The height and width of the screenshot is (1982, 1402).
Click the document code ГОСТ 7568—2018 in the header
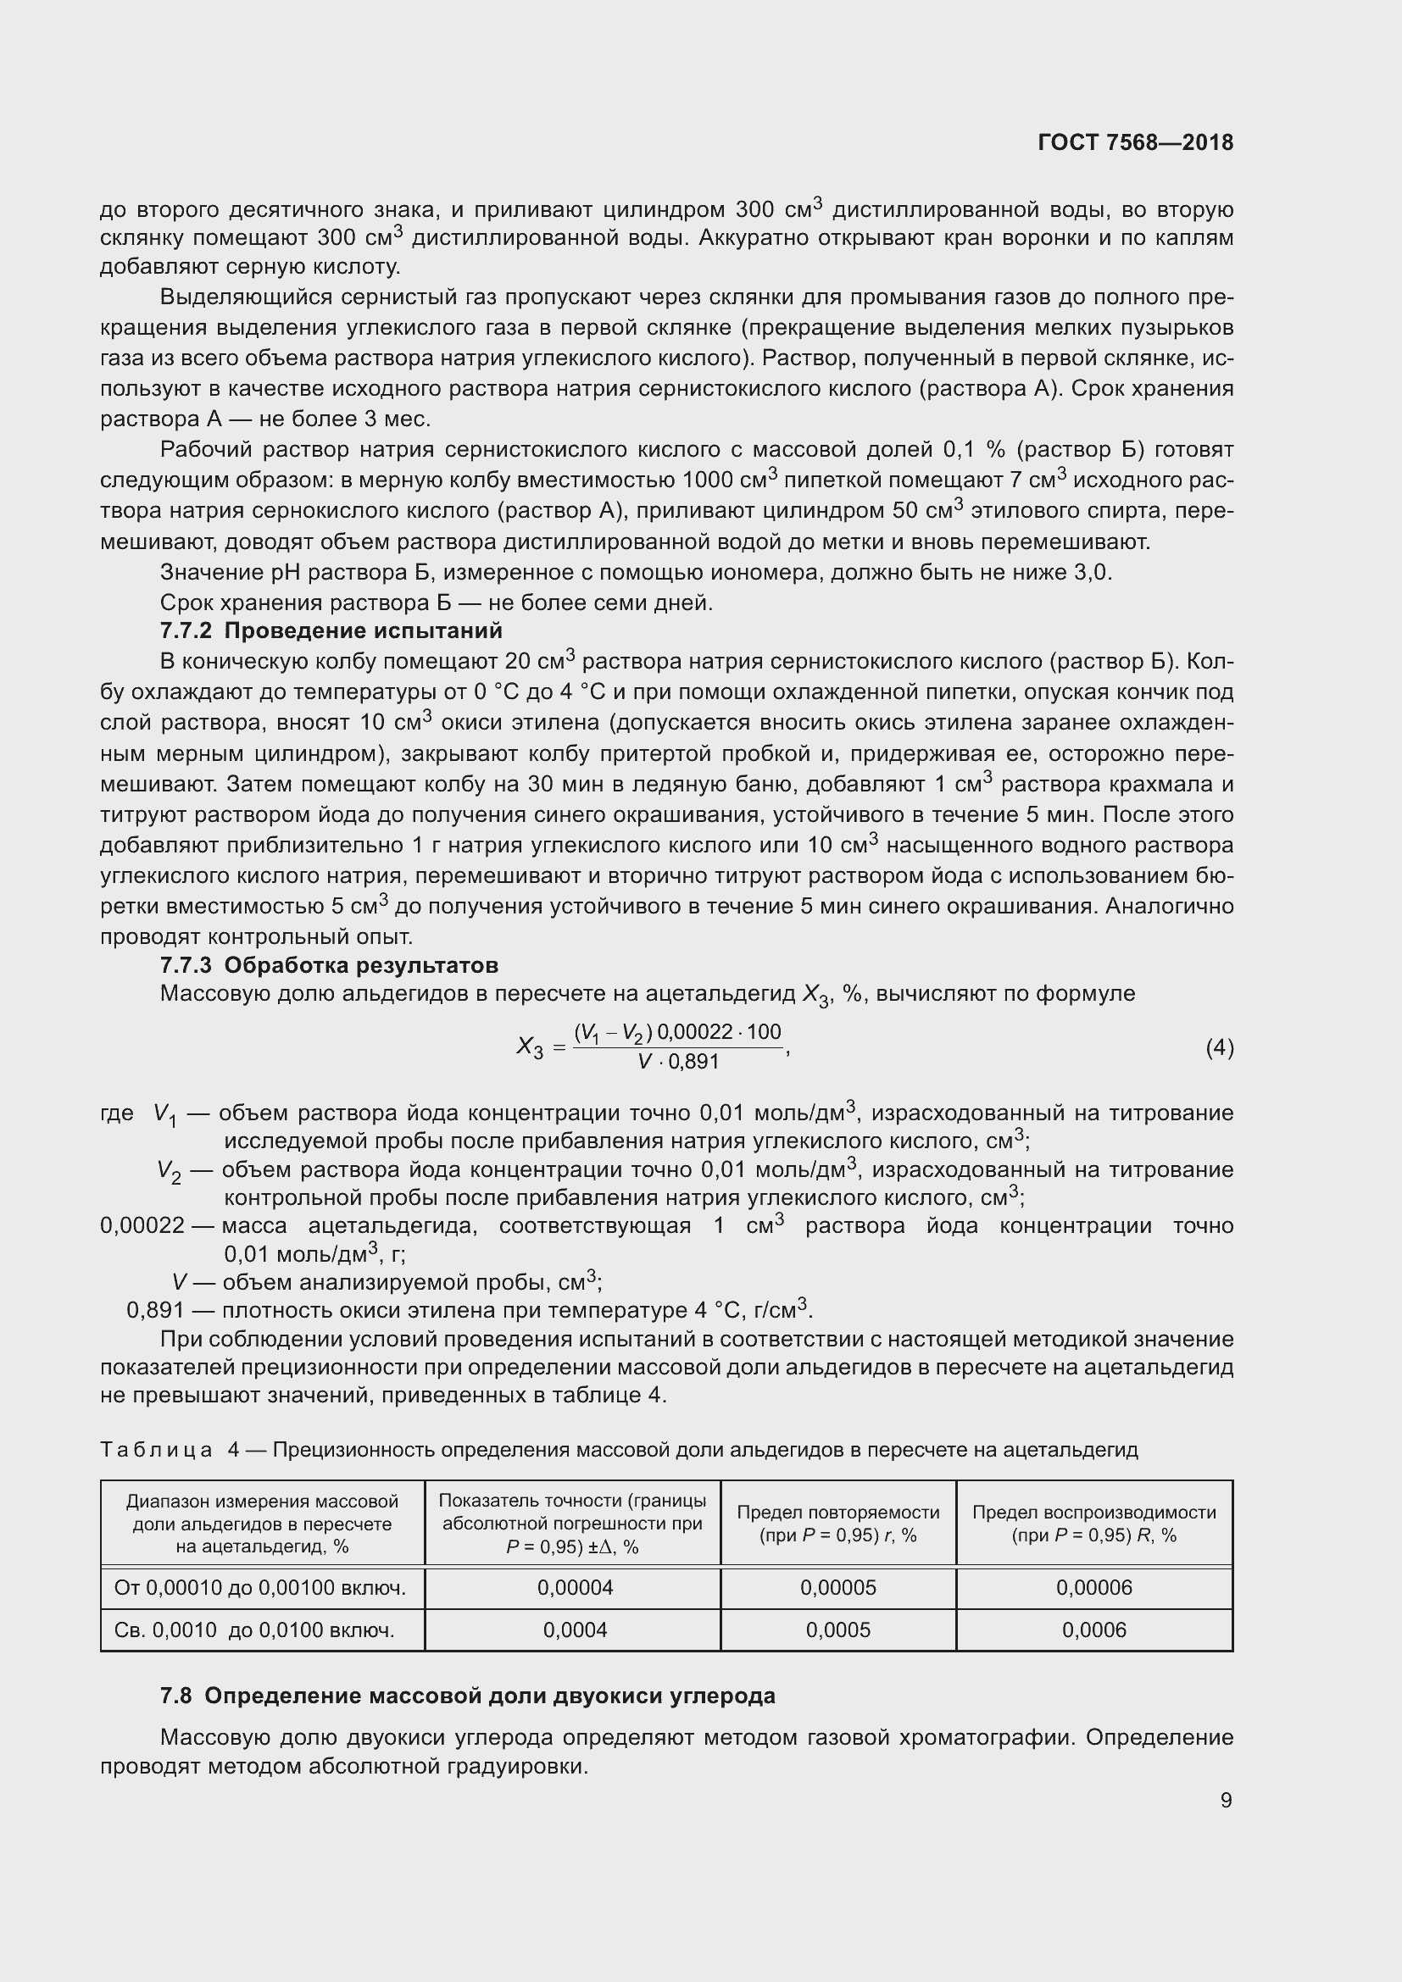point(1134,142)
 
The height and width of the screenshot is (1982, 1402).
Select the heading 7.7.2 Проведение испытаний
point(331,630)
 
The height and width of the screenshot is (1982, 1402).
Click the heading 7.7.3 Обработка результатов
point(329,964)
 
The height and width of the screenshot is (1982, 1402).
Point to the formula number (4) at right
point(1219,1047)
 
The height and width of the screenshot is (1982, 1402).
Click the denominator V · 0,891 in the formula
point(678,1062)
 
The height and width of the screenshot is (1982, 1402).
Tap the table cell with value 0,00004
point(574,1586)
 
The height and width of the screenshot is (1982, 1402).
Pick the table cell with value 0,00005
point(837,1586)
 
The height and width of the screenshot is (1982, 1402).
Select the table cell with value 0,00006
point(1093,1586)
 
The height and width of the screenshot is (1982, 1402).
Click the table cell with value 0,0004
point(574,1629)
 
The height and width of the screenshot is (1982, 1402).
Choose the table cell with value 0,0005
point(837,1629)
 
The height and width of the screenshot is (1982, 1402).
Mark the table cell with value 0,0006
point(1093,1629)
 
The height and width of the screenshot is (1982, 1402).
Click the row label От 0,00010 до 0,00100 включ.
point(260,1586)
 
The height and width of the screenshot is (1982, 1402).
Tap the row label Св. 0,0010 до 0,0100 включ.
point(253,1629)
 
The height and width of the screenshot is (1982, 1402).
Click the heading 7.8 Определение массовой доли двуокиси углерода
point(467,1696)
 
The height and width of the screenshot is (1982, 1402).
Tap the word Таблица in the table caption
point(156,1449)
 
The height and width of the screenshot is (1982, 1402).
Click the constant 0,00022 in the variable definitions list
point(142,1226)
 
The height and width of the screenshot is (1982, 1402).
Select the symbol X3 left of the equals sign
point(529,1048)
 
